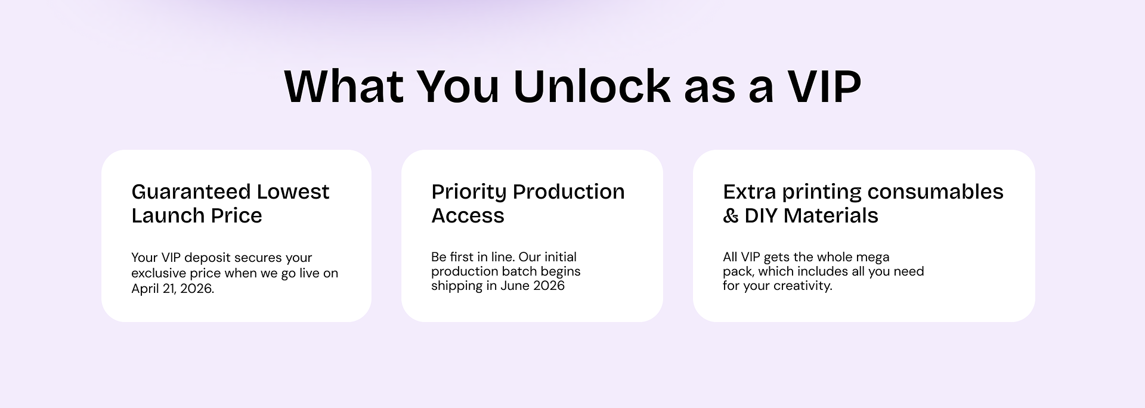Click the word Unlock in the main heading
click(x=592, y=86)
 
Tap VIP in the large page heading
click(x=825, y=86)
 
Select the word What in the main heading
click(x=344, y=86)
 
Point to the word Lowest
click(x=293, y=191)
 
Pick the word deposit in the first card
click(x=207, y=258)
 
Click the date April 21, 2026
click(x=172, y=289)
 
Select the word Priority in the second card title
click(x=469, y=192)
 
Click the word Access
click(x=468, y=215)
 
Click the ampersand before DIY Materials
click(x=731, y=215)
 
